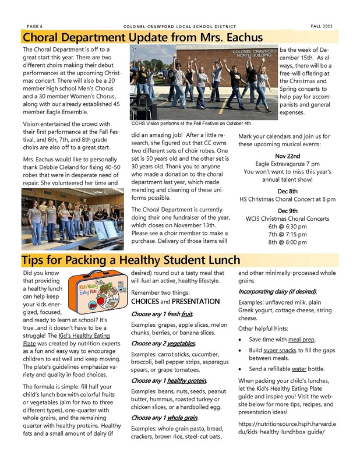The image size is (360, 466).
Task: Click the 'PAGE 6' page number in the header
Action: [x=36, y=26]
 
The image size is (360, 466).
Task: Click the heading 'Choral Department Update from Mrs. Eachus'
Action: [x=142, y=38]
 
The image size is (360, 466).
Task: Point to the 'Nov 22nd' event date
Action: [x=287, y=156]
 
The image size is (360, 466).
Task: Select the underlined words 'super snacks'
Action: [x=297, y=351]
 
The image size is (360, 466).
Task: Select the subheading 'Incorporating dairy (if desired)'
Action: [x=278, y=290]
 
